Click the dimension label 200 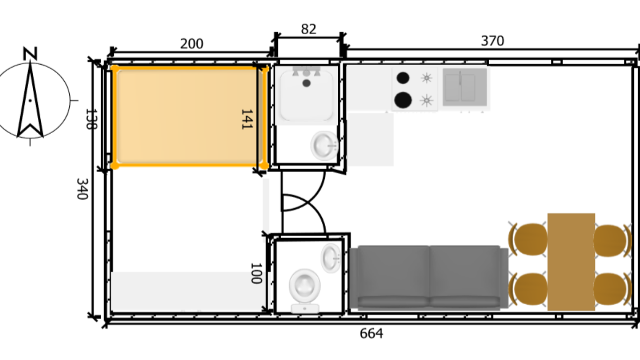(192, 44)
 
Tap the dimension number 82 (308, 30)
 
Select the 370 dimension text (492, 41)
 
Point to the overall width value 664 (371, 334)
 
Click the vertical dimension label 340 (82, 188)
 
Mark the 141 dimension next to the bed (246, 119)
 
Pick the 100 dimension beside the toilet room (255, 273)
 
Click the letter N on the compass (30, 54)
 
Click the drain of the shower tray (306, 83)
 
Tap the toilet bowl (305, 286)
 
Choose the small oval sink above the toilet (331, 258)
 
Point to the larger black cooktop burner (403, 100)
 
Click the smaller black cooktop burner (403, 78)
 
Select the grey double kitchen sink (465, 87)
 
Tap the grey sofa (429, 277)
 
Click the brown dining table (571, 262)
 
